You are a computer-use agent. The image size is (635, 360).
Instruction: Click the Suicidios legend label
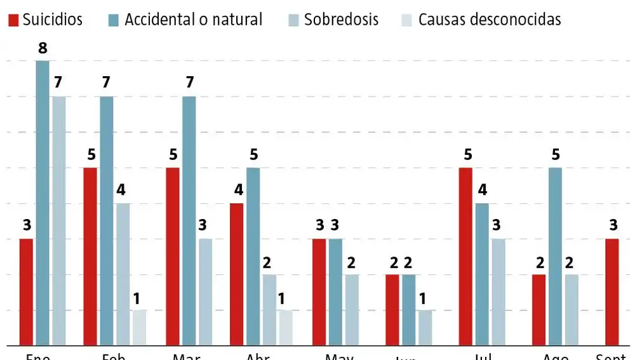tap(53, 20)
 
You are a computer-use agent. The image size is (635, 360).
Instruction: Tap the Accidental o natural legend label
tap(193, 20)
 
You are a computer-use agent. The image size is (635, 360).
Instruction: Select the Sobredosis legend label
tap(341, 20)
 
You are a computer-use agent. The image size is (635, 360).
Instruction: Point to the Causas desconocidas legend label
tap(490, 20)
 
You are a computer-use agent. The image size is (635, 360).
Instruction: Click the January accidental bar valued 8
tap(43, 203)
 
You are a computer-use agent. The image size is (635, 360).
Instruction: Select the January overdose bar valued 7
tap(58, 221)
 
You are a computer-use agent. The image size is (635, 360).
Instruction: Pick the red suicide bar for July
tap(466, 257)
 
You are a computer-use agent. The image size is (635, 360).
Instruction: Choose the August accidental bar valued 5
tap(556, 257)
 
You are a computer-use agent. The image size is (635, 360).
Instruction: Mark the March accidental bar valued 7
tap(189, 221)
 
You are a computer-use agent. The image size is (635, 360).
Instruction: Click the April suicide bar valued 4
tap(237, 274)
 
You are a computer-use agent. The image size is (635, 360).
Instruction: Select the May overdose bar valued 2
tap(352, 310)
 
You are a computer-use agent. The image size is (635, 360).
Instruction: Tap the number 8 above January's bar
tap(43, 48)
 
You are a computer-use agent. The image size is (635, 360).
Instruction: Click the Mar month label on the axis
tap(187, 356)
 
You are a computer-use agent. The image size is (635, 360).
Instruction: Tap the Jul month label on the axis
tap(483, 356)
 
